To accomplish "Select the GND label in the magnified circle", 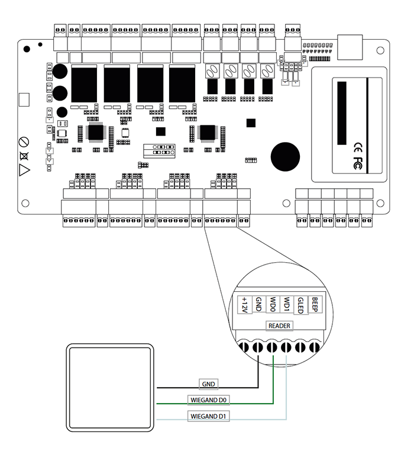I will pos(258,305).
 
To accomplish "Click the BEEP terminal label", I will pos(315,304).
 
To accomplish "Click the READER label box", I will pos(279,325).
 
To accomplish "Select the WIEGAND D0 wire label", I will pos(208,399).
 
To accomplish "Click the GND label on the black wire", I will pos(208,384).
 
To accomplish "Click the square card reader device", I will pos(110,388).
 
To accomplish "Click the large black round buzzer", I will pos(285,156).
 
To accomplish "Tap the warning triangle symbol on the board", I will pos(24,170).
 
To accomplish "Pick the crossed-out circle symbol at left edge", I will pos(24,141).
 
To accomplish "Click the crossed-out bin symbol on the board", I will pos(24,156).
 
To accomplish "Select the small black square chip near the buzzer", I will pos(251,122).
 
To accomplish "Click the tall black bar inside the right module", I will pos(342,112).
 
